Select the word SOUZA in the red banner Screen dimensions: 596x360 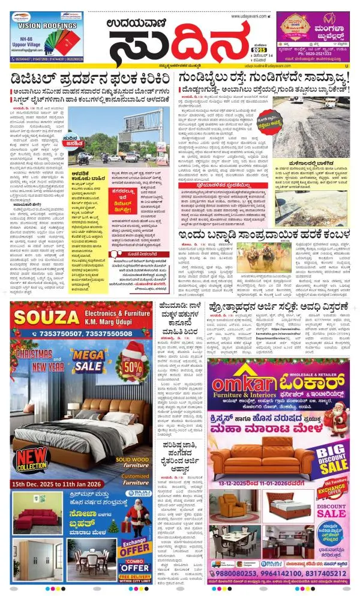(40, 317)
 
